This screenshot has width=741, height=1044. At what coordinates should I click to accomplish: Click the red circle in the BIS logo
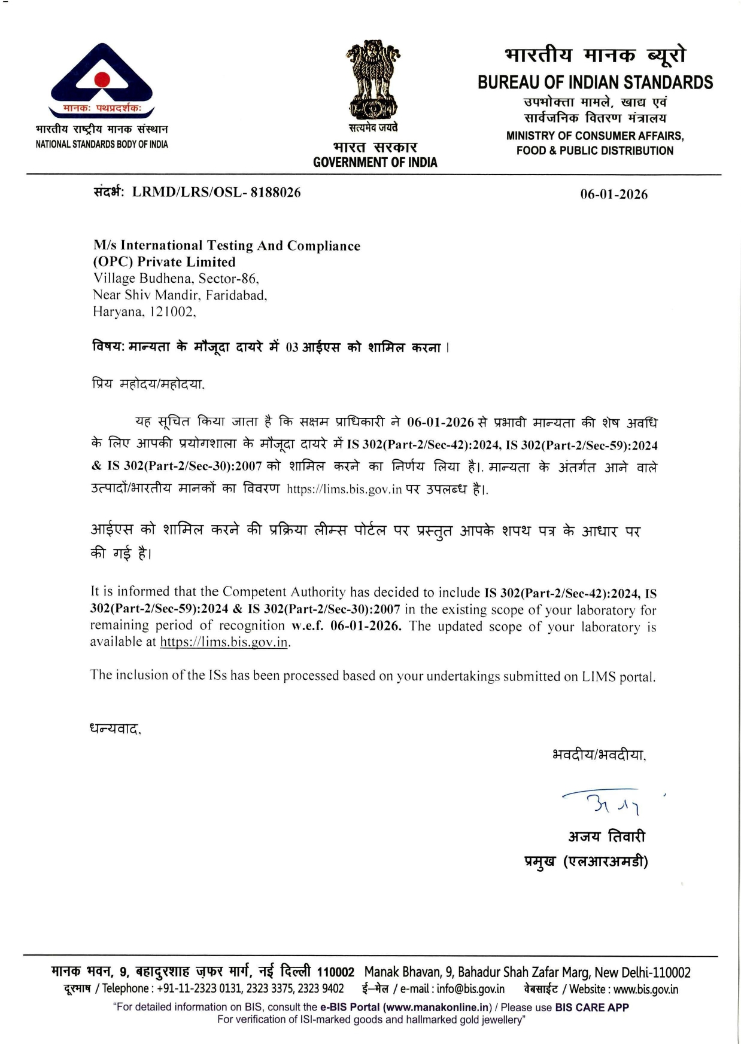[102, 80]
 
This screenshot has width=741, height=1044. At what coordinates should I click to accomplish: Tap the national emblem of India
[373, 80]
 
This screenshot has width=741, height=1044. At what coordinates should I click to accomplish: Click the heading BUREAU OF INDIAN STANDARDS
[595, 83]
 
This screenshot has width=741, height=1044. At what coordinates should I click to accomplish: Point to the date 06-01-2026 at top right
[614, 194]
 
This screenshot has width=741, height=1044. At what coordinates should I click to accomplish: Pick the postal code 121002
[171, 312]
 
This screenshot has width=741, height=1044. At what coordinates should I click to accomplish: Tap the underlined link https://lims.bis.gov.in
[224, 642]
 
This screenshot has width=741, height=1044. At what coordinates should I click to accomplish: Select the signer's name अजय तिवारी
[606, 836]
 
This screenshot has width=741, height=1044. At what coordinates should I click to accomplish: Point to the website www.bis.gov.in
[646, 989]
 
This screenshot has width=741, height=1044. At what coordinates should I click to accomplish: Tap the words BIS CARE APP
[591, 1007]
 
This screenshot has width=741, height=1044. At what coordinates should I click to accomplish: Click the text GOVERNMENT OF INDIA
[375, 162]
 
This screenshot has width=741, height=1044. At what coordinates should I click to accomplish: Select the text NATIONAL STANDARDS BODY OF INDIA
[102, 144]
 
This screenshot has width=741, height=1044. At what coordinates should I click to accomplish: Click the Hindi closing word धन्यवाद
[115, 729]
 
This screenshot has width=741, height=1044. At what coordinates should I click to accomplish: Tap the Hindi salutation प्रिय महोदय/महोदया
[148, 384]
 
